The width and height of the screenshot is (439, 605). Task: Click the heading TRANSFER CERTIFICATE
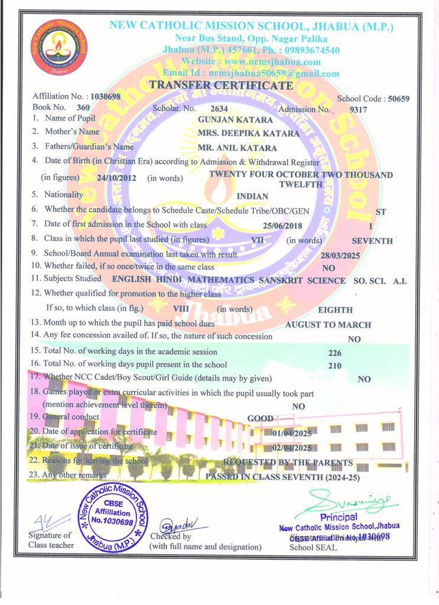tap(221, 86)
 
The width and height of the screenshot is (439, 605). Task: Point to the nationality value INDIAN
tap(252, 196)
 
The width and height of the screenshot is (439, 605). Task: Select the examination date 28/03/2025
tap(340, 256)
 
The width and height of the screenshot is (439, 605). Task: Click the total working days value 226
tap(334, 353)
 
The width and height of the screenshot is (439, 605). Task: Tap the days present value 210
tap(334, 366)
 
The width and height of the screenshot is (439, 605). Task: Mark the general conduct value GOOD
tap(260, 419)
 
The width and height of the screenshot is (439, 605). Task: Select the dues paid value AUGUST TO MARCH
tap(328, 324)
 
